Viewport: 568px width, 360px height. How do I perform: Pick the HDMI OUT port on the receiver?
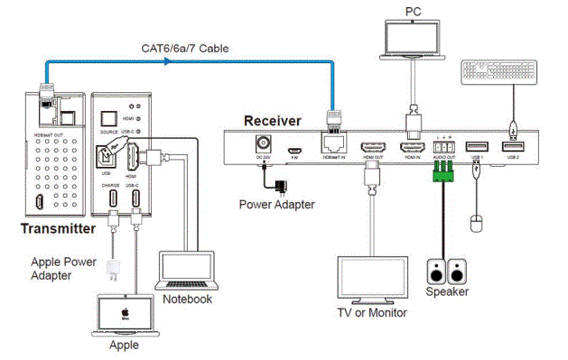pyautogui.click(x=373, y=149)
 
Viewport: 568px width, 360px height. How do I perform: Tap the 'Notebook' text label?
pyautogui.click(x=191, y=299)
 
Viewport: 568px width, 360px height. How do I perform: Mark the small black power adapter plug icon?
pyautogui.click(x=284, y=186)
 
